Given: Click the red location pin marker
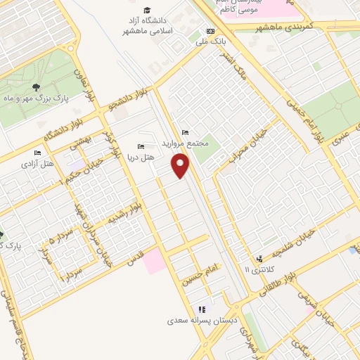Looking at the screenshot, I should click(x=181, y=166).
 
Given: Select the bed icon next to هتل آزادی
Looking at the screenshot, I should click(x=37, y=153).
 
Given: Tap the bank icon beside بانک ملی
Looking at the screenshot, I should click(x=210, y=31).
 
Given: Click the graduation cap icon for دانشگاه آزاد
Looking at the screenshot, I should click(x=147, y=10).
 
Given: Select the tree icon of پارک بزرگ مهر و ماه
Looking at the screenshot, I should click(x=36, y=87).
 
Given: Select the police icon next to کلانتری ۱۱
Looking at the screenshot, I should click(x=259, y=258).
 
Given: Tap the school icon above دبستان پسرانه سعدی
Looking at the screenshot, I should click(x=202, y=309).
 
